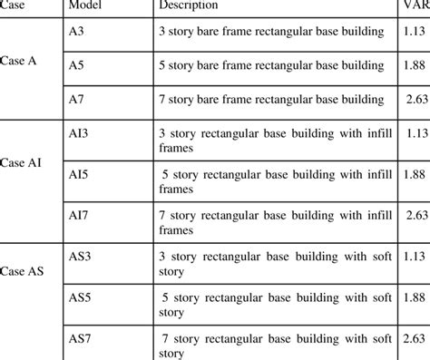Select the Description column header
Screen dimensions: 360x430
189,6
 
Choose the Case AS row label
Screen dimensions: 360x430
24,270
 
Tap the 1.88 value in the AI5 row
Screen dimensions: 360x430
417,173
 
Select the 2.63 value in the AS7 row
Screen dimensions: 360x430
417,337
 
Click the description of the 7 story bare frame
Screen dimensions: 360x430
276,98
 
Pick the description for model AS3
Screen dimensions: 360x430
276,263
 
